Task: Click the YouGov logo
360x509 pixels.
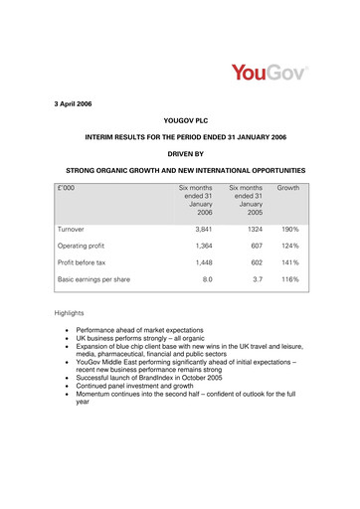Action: coord(270,74)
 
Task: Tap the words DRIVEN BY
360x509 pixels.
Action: coord(179,155)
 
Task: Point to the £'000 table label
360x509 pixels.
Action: coord(71,187)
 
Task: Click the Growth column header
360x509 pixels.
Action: coord(288,187)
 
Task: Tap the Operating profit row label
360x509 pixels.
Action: coord(86,245)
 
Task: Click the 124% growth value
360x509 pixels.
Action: coord(289,245)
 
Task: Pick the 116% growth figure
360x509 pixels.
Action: coord(289,280)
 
